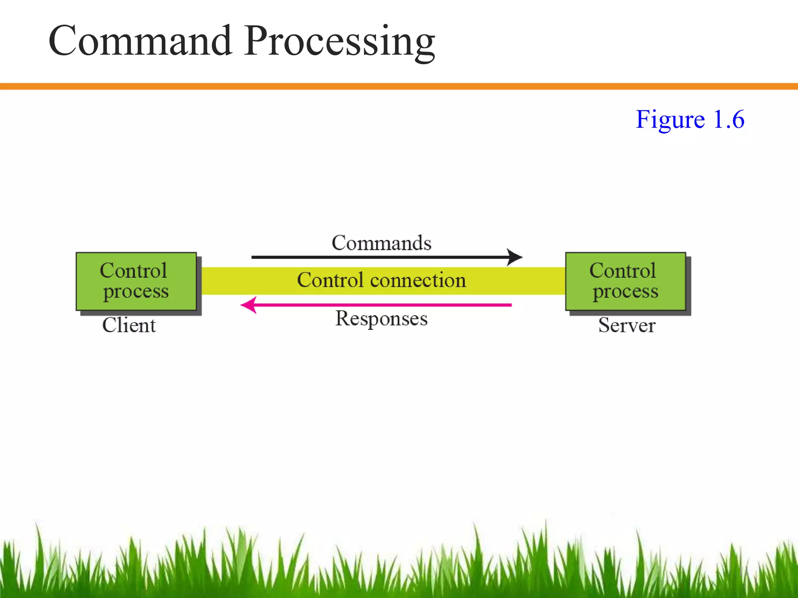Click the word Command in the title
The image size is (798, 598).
pos(140,41)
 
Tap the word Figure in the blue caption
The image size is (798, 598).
pos(670,120)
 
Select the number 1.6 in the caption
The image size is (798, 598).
pos(729,120)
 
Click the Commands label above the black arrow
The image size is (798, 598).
pos(381,243)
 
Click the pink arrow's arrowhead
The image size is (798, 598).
pos(248,305)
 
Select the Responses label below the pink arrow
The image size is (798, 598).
pos(381,319)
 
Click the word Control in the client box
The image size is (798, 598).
pos(133,271)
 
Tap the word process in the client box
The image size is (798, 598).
pos(136,292)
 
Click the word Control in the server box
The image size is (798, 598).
pos(623,271)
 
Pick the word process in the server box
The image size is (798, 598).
pos(625,292)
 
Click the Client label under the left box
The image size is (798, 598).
pos(129,325)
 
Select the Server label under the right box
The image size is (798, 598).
pos(627,325)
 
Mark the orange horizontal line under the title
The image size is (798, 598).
pos(399,86)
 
